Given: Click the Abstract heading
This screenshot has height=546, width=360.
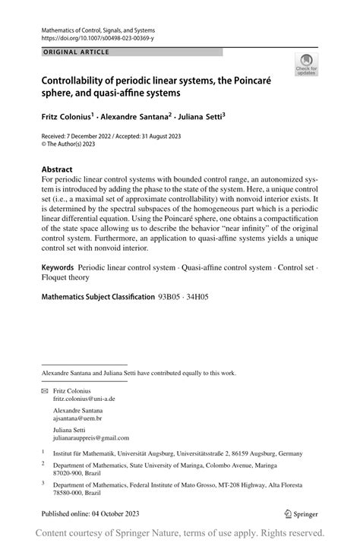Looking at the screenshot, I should click(x=58, y=169).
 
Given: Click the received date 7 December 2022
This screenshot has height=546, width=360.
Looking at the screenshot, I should click(x=93, y=134).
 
